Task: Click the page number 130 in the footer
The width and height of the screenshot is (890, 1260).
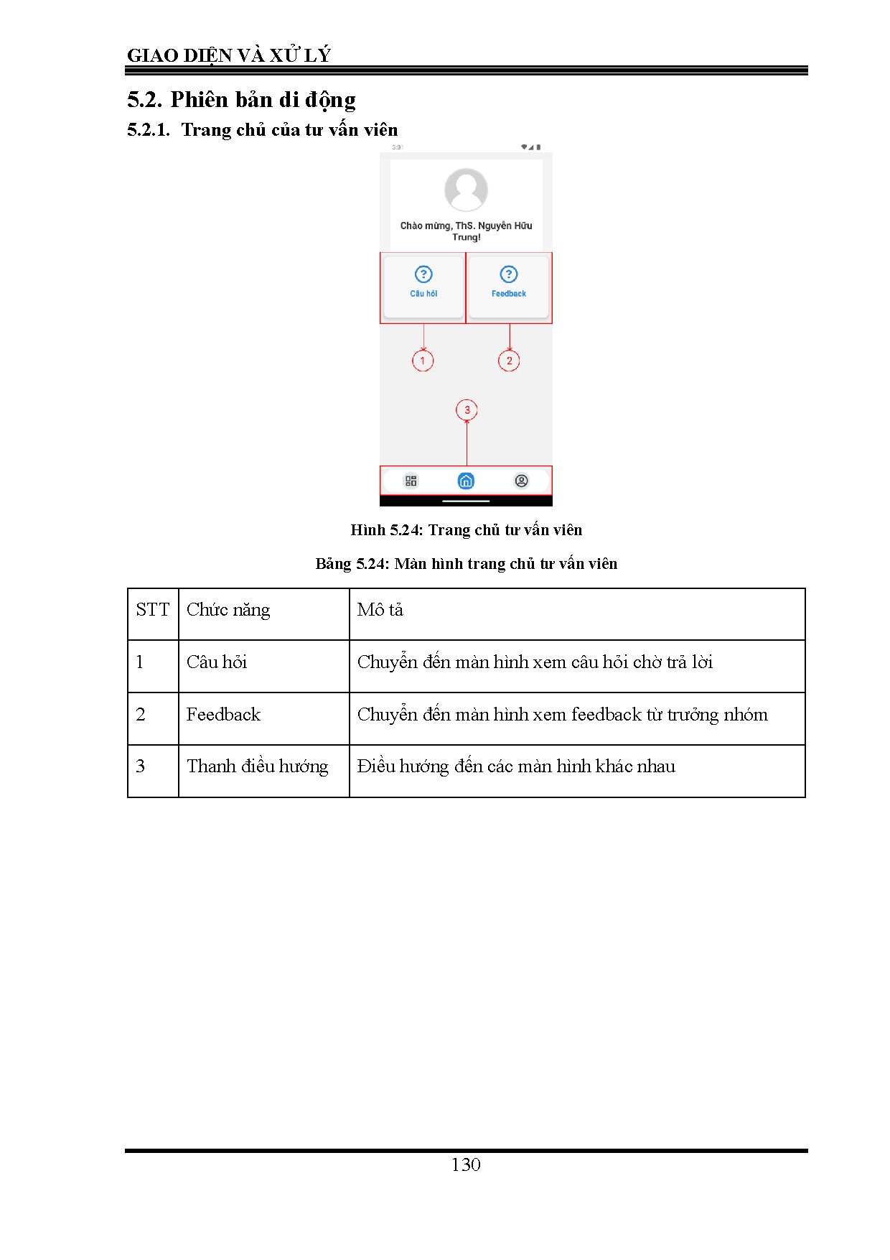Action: [x=466, y=1164]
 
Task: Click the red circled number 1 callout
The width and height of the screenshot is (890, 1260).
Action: [x=423, y=361]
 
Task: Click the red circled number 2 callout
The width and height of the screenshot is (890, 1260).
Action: [x=509, y=361]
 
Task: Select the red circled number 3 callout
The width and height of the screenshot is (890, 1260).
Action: [x=467, y=410]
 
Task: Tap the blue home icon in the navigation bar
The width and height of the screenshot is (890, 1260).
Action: [x=466, y=481]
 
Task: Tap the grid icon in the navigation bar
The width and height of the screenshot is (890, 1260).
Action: [x=411, y=481]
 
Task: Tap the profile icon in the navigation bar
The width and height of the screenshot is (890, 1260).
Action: [x=522, y=481]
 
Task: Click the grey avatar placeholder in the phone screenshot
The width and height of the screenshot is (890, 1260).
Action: [x=466, y=190]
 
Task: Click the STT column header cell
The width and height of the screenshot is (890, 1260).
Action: [x=153, y=610]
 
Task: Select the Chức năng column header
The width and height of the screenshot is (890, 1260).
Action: [x=228, y=610]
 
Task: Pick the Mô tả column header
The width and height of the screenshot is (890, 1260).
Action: [x=380, y=610]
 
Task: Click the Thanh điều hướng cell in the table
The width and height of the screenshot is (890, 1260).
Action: [x=257, y=766]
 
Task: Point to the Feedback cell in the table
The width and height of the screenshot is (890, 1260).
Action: [x=223, y=715]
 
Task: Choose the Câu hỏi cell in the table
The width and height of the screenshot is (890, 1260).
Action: [x=217, y=662]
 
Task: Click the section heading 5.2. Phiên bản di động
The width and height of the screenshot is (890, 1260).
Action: [x=241, y=99]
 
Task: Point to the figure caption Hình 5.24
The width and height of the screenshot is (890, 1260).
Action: [x=466, y=530]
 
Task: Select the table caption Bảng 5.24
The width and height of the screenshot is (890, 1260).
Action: [x=466, y=564]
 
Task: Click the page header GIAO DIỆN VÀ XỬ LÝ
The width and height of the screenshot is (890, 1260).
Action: [x=228, y=55]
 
